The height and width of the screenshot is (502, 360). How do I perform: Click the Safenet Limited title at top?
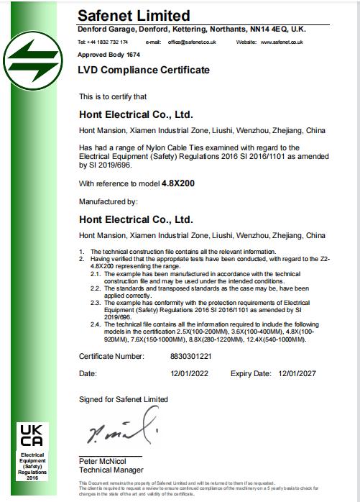(x=134, y=15)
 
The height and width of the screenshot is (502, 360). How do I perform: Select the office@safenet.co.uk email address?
(x=192, y=42)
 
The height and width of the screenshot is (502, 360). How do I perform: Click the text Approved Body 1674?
(x=109, y=55)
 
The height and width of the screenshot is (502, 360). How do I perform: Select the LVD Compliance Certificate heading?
(x=144, y=70)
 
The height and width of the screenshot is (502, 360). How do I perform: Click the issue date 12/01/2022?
(x=190, y=374)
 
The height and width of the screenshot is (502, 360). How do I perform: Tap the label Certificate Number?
(x=111, y=355)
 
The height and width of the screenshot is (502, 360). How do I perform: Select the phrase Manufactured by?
(x=108, y=202)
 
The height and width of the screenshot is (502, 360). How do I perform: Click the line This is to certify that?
(x=113, y=96)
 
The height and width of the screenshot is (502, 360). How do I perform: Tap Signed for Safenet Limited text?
(x=124, y=399)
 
